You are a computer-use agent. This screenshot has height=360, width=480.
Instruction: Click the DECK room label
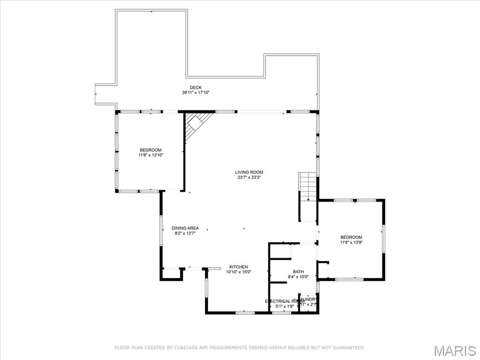195,88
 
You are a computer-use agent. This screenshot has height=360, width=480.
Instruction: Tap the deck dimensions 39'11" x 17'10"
195,93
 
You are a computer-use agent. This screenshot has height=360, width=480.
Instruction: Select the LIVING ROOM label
249,172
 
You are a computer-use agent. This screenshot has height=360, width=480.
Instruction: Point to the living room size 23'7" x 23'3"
249,178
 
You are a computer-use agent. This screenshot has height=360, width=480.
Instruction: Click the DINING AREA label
185,228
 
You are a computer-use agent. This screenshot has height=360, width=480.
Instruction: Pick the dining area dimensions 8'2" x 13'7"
185,233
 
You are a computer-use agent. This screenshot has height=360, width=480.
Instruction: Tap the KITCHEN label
239,267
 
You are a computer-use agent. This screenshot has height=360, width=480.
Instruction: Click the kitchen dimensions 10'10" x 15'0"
239,272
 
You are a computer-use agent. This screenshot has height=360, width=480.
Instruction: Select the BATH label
298,271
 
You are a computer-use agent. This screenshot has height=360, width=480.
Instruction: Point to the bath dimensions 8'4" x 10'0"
298,277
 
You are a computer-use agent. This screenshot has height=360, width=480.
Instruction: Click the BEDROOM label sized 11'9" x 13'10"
150,150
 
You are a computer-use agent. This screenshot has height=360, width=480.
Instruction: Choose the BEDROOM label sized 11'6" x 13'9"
351,237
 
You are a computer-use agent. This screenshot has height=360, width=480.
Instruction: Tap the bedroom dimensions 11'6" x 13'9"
351,243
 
